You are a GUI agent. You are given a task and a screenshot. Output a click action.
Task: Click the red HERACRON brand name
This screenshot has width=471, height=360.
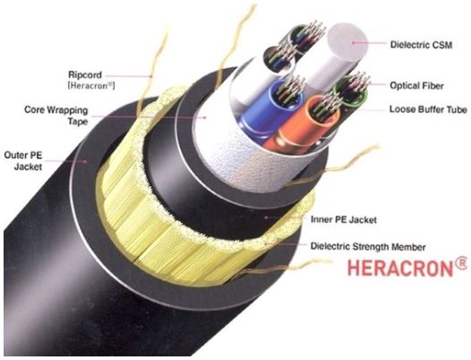(400, 268)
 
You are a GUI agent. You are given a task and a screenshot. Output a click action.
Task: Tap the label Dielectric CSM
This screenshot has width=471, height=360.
(421, 45)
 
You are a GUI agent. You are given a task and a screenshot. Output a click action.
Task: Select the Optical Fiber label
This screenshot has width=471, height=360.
(416, 86)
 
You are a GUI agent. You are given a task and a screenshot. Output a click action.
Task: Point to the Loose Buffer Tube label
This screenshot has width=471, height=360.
(428, 109)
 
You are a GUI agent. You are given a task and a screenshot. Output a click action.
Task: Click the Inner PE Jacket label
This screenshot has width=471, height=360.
(343, 219)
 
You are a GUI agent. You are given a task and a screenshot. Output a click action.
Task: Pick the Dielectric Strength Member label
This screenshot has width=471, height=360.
(368, 246)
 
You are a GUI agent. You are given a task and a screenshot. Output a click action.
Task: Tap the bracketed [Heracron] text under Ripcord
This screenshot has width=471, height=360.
(91, 86)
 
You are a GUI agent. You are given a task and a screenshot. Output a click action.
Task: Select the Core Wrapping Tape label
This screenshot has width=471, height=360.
(56, 116)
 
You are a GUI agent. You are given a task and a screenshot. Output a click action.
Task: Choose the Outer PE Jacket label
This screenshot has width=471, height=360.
(23, 161)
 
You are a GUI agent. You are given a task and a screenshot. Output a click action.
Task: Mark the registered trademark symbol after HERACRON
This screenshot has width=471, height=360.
(462, 263)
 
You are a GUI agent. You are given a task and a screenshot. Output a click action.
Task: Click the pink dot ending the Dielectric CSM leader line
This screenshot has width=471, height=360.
(354, 43)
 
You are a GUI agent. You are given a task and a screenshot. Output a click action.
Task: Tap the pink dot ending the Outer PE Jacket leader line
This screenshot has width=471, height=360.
(86, 161)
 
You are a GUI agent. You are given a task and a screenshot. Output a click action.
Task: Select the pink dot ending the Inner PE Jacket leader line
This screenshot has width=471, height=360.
(266, 217)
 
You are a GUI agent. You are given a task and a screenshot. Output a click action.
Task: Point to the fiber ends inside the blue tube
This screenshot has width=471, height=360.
(290, 89)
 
